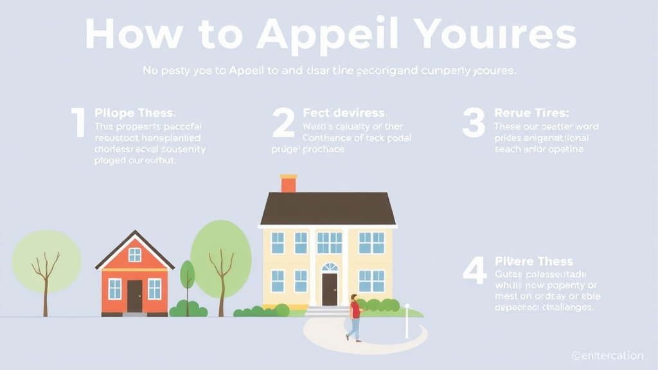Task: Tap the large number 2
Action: [283, 123]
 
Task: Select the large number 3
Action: [474, 123]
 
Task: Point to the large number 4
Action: [474, 270]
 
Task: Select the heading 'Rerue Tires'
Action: [530, 113]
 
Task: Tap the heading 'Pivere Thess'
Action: [534, 261]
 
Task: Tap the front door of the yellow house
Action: [330, 290]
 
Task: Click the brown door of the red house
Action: [134, 296]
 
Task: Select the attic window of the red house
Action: [134, 254]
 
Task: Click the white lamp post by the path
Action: [407, 321]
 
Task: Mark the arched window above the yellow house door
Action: [330, 267]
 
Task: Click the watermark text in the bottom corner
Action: [607, 355]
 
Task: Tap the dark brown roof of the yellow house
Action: [328, 208]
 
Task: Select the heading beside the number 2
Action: [344, 113]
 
